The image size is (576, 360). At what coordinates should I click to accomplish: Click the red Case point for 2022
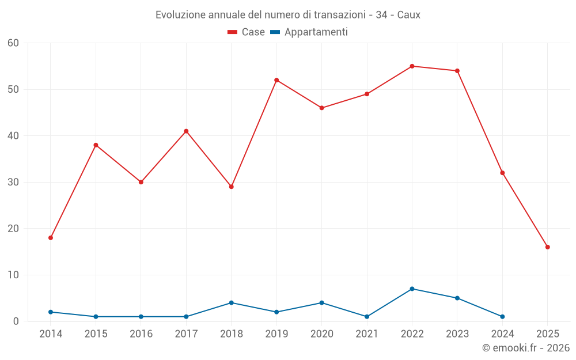[412, 66]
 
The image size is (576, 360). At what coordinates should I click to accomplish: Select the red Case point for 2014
[51, 238]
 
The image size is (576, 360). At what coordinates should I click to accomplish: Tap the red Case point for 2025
[547, 247]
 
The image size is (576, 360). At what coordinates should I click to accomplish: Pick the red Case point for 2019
[276, 80]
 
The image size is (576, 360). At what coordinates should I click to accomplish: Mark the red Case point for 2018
[231, 187]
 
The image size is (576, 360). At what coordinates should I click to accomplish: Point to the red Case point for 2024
[502, 173]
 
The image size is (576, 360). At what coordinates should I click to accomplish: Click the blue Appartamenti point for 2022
[412, 289]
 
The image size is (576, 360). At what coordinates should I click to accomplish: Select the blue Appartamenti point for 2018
[231, 302]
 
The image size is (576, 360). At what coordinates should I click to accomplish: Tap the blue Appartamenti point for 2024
[502, 317]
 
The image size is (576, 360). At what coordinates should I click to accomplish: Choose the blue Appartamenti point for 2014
[51, 312]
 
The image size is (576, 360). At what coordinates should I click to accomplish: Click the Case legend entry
[247, 32]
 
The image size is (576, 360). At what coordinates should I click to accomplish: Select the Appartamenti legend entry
[309, 32]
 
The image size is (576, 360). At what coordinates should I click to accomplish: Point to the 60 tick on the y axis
[13, 43]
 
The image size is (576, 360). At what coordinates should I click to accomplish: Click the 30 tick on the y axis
[13, 182]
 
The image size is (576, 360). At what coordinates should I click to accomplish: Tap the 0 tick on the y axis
[16, 321]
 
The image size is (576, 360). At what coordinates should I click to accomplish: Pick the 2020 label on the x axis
[321, 334]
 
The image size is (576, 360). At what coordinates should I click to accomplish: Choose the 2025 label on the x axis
[547, 334]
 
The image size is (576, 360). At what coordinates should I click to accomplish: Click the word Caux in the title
[408, 15]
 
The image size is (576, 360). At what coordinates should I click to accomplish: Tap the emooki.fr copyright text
[526, 348]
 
